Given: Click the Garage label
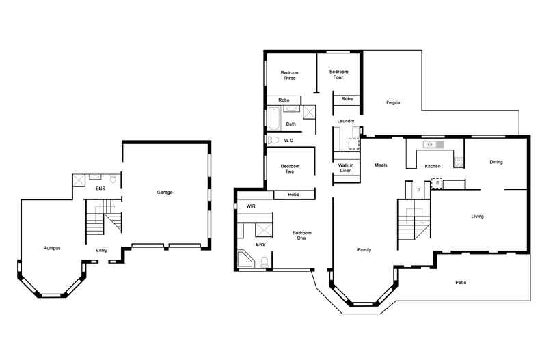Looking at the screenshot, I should point(165,193).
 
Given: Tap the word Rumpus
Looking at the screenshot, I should point(52,248).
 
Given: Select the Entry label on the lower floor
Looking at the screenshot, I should point(101,251).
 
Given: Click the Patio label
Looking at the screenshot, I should point(462,282).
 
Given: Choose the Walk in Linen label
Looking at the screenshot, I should point(345,169).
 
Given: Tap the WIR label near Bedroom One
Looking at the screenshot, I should point(251,205).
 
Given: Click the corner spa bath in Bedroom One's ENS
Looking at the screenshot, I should point(245,260).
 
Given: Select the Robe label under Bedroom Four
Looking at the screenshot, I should point(347,100).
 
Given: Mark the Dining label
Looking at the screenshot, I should point(496,162).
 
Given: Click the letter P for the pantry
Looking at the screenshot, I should point(418,191).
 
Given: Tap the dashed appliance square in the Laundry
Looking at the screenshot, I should point(354,143).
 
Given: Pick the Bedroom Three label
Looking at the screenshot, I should point(290,74).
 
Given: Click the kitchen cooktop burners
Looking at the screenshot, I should point(459,161).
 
